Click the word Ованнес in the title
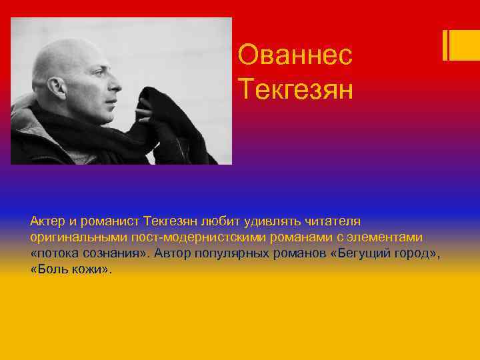[295, 55]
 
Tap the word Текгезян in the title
[295, 88]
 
